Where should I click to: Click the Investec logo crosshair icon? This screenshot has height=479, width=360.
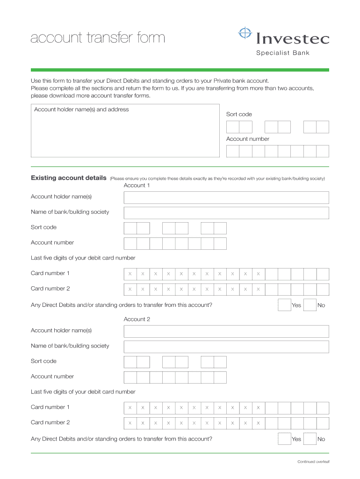tap(245, 34)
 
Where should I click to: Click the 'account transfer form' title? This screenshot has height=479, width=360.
tap(98, 37)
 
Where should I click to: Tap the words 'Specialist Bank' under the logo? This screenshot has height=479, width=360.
tap(282, 53)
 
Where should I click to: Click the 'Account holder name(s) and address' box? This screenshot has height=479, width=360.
tap(125, 133)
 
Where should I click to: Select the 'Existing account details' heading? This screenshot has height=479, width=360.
tap(68, 178)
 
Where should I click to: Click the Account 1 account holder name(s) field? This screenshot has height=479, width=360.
tap(226, 197)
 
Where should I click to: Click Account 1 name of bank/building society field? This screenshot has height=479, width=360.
tap(226, 213)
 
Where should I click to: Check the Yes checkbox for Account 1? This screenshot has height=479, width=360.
tap(284, 305)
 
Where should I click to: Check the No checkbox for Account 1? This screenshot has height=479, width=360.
tap(310, 305)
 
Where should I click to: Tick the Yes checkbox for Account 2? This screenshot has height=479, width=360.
tap(284, 439)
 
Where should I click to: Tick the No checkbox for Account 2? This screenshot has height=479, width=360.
tap(310, 439)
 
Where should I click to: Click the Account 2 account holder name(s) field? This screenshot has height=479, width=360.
tap(226, 331)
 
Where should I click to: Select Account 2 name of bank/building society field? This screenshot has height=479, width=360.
tap(226, 347)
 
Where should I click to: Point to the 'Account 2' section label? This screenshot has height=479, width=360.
tap(137, 319)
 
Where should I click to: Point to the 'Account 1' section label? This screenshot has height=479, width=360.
tap(137, 185)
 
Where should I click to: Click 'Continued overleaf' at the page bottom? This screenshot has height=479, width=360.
tap(313, 462)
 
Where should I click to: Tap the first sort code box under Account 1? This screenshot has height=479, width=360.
tap(130, 228)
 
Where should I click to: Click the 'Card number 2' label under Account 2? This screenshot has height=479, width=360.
tap(50, 422)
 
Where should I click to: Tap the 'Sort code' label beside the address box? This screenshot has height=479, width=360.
tap(239, 114)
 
